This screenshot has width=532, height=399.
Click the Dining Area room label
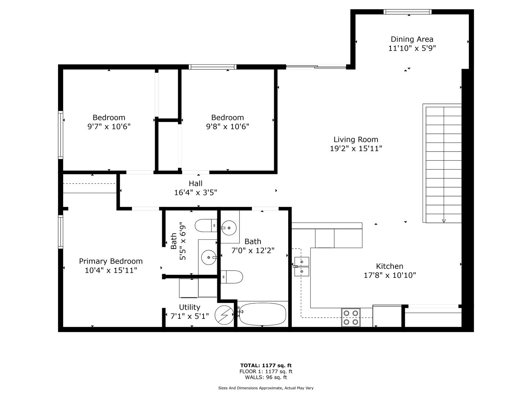412,39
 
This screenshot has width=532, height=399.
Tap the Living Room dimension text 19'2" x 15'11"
356,148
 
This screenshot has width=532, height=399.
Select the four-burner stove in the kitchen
351,317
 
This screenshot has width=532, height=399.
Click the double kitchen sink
301,266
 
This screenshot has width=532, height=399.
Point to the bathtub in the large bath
262,314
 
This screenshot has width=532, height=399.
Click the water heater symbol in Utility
224,315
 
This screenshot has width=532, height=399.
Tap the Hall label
195,183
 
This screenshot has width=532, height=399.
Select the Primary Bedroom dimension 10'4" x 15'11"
111,270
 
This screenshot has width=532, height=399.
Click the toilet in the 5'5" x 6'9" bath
206,225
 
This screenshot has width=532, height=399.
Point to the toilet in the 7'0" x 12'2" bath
232,277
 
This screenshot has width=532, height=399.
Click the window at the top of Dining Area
407,11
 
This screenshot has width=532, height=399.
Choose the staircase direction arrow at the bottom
444,221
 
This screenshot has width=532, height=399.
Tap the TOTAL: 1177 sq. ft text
266,365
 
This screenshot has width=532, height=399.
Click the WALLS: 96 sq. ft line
266,377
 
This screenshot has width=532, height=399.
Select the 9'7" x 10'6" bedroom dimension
109,126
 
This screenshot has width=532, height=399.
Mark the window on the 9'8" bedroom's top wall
212,67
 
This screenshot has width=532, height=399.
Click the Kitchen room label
389,266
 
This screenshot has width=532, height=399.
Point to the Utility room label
190,307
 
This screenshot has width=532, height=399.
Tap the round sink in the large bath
229,228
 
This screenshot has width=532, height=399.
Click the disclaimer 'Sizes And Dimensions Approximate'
250,388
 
